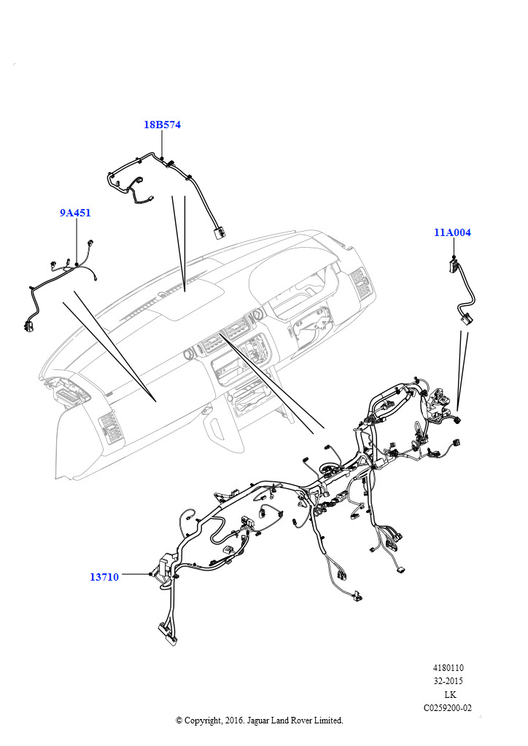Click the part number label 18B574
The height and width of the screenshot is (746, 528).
[162, 125]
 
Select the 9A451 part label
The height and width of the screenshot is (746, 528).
[75, 213]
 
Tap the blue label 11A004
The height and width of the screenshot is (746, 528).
[452, 232]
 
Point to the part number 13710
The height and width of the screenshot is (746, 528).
[104, 577]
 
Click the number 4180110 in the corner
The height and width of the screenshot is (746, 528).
[449, 668]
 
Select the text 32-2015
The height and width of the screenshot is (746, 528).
[449, 681]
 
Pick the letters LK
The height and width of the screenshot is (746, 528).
[450, 694]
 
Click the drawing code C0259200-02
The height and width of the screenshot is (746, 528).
[448, 707]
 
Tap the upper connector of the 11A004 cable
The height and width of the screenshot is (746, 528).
[454, 265]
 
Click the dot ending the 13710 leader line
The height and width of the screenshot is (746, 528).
[151, 575]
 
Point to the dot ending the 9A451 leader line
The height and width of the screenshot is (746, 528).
[77, 264]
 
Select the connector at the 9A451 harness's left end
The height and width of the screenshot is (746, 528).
[28, 326]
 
